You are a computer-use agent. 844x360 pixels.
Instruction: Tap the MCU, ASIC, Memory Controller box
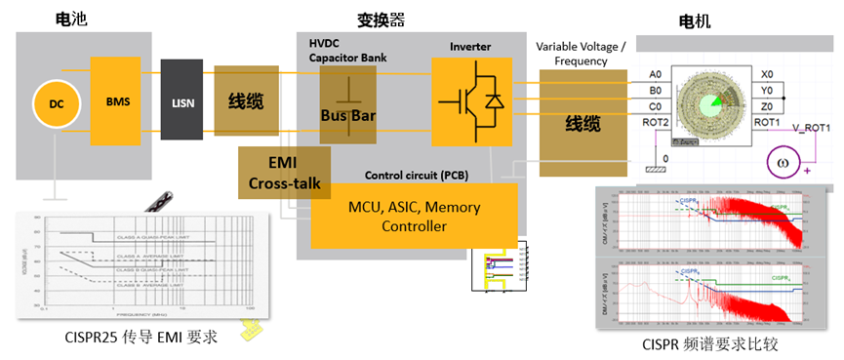(x=414, y=217)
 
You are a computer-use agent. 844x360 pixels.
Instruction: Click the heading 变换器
(x=394, y=18)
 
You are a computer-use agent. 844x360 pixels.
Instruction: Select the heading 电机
(x=695, y=20)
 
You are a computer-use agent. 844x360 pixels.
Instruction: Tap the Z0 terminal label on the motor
(x=768, y=106)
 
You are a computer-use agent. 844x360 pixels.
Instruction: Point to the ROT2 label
(x=656, y=122)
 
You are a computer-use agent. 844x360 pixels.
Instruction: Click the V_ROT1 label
(x=809, y=128)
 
